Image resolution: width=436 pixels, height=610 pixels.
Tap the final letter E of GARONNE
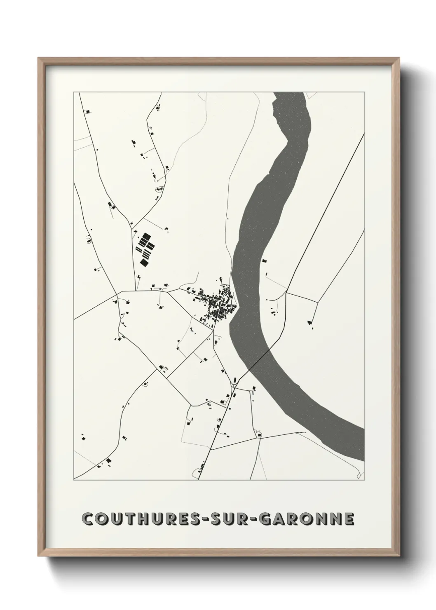(x=349, y=519)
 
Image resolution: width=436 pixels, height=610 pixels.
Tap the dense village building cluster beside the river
(x=216, y=303)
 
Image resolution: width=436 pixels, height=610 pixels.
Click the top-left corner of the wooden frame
(x=39, y=58)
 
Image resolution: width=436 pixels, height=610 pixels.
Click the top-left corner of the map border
(x=74, y=92)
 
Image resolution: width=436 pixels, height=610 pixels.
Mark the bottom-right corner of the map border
(x=365, y=480)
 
